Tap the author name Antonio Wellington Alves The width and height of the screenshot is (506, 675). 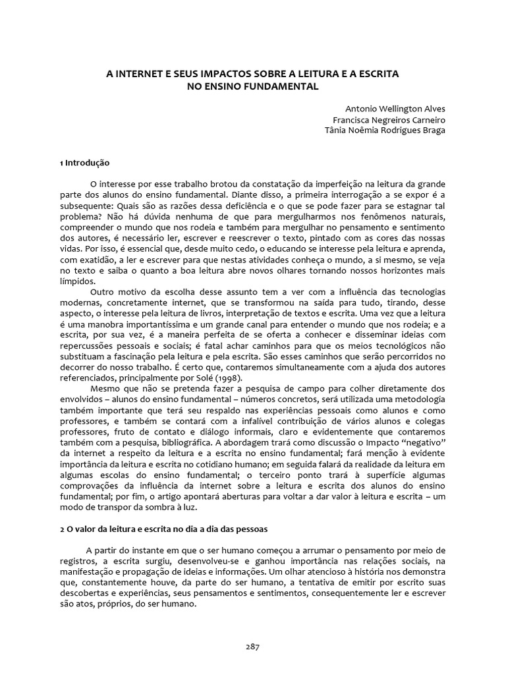(396, 109)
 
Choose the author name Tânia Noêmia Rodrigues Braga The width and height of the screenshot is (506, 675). (385, 131)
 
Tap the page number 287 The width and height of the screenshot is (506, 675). (252, 646)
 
